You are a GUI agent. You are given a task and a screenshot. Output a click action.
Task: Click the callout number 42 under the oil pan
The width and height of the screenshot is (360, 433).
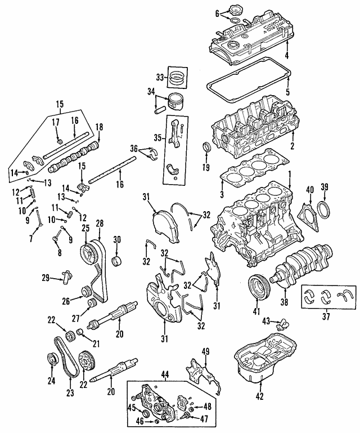(259, 397)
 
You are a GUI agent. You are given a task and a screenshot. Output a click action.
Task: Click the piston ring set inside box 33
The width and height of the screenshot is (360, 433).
(179, 77)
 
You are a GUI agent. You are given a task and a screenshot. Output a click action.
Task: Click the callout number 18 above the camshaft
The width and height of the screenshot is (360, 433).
(100, 127)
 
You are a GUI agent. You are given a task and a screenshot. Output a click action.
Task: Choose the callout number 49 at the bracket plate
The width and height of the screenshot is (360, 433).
(205, 352)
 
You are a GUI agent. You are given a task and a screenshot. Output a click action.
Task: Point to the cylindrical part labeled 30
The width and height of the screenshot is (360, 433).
(118, 261)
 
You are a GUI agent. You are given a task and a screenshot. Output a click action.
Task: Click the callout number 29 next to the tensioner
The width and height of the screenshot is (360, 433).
(46, 278)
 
